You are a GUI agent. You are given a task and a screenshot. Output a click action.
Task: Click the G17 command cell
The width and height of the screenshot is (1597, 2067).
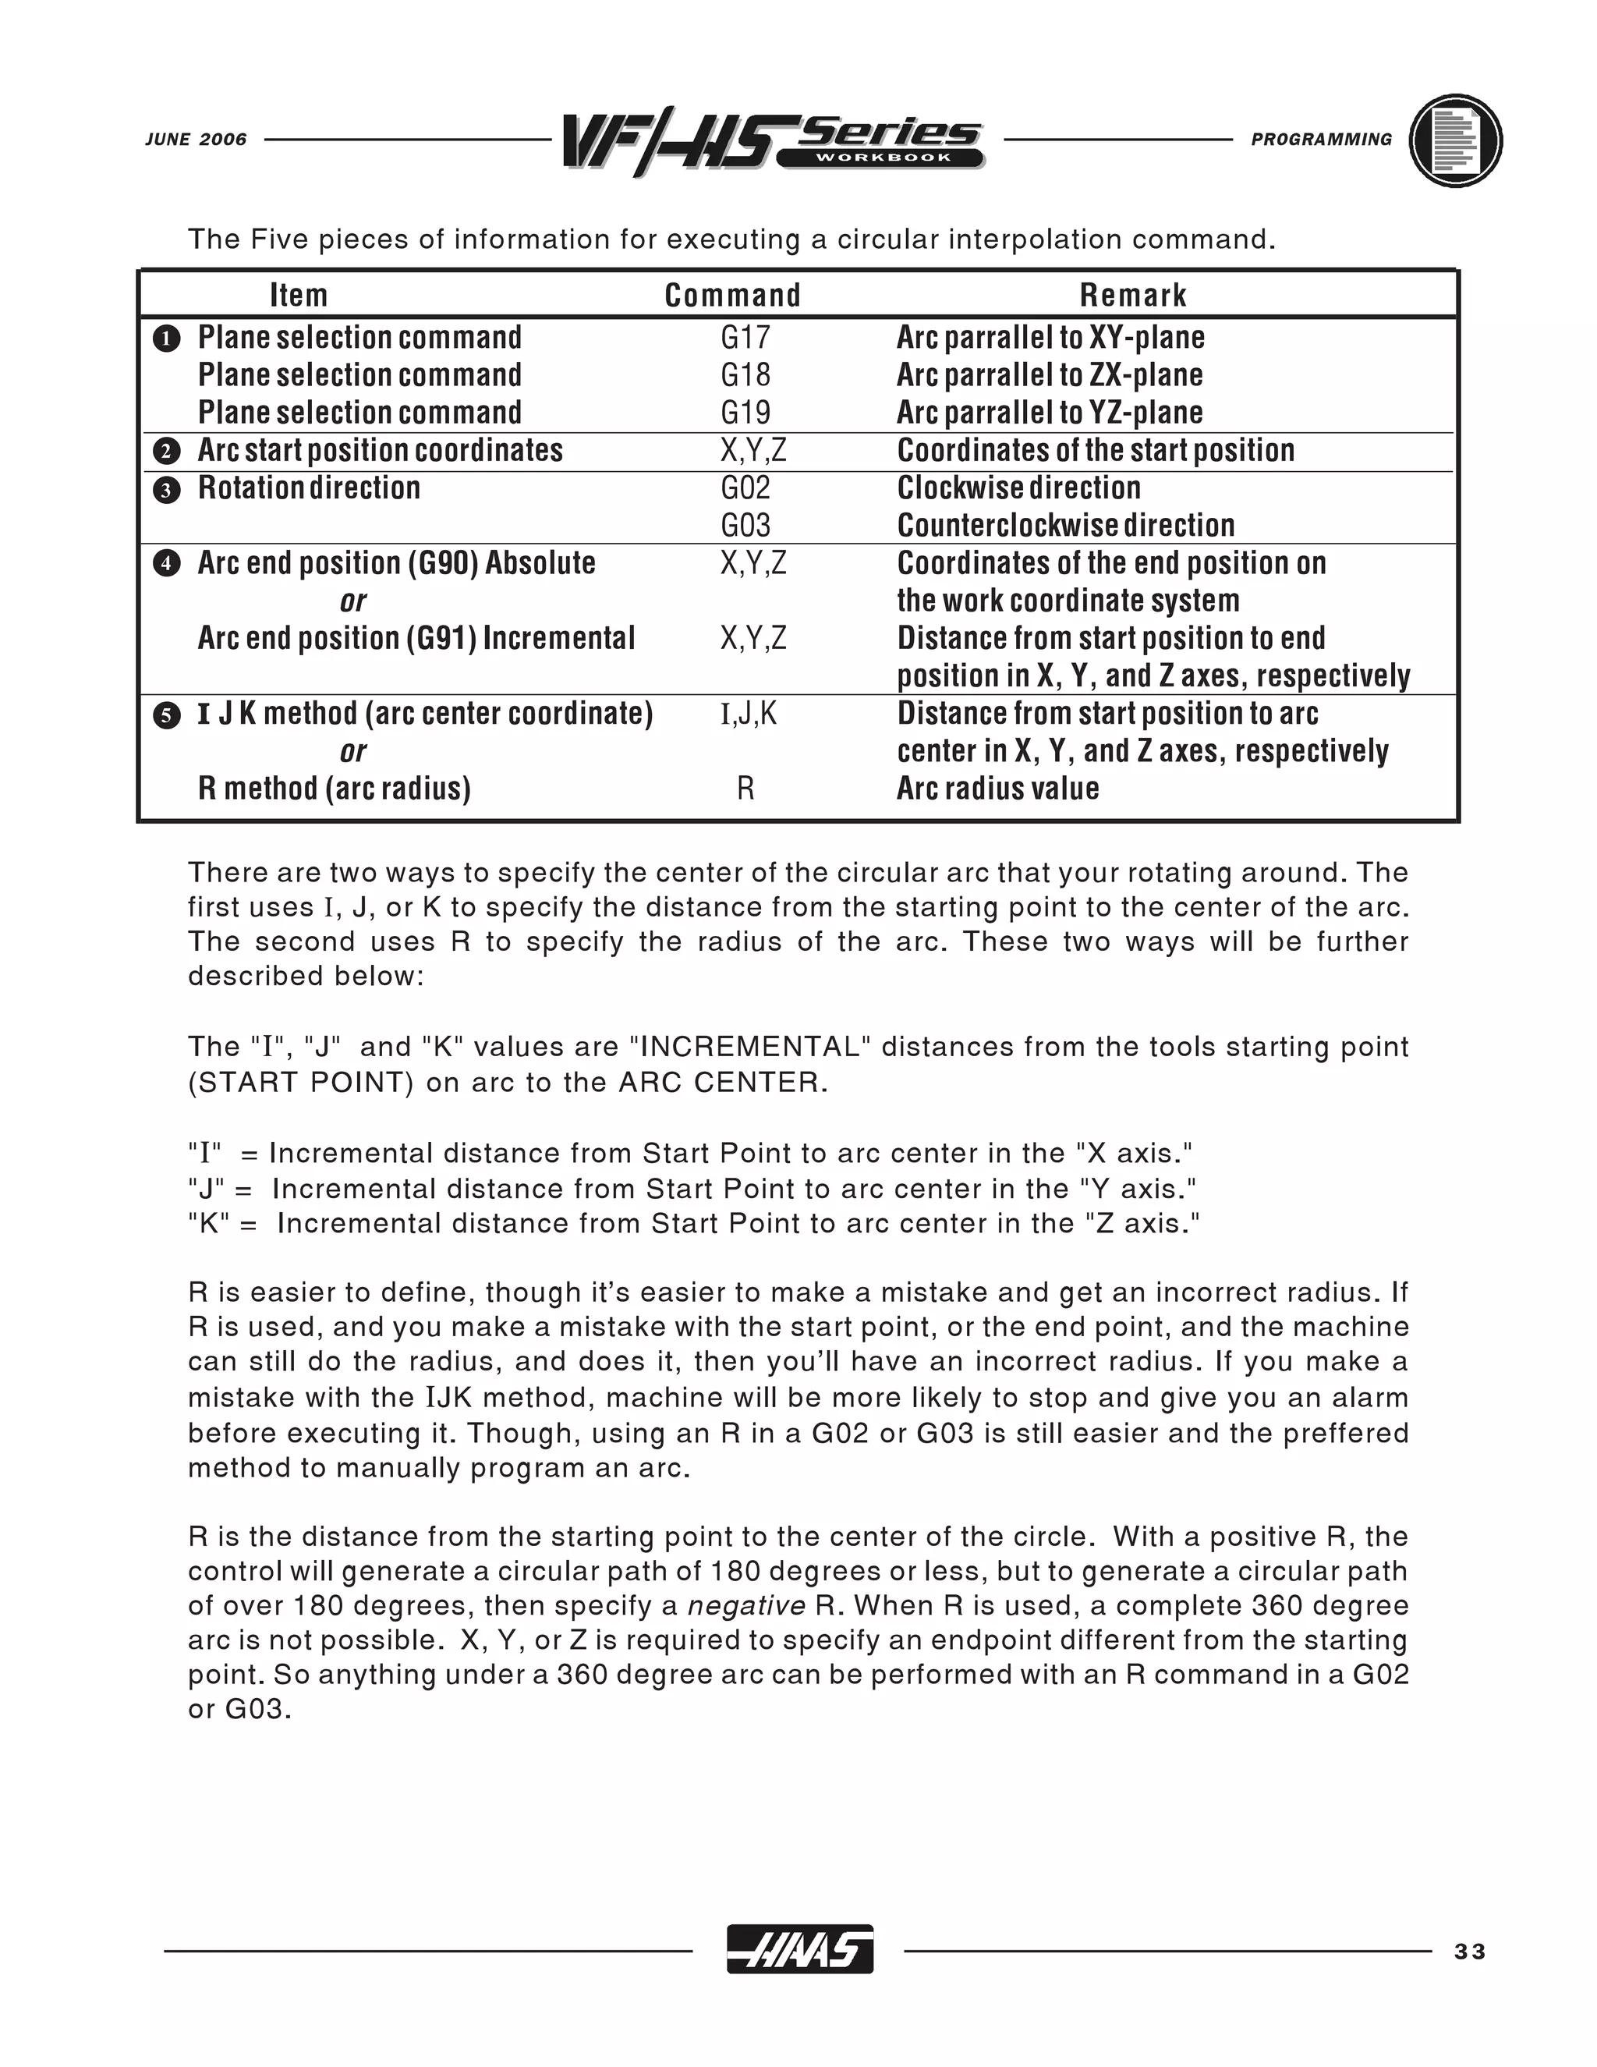(745, 338)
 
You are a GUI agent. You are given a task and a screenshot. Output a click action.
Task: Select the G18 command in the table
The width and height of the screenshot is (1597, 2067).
(745, 376)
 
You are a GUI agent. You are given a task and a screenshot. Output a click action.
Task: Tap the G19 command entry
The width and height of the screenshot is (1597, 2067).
(745, 413)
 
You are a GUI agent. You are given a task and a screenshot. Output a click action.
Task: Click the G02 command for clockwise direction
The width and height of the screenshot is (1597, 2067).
(745, 488)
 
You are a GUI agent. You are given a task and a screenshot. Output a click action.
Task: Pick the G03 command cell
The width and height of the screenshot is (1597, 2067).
(745, 525)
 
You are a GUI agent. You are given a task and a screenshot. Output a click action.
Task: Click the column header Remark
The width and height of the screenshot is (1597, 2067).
(1132, 296)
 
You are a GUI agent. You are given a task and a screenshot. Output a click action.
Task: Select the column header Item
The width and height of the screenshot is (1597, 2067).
(299, 296)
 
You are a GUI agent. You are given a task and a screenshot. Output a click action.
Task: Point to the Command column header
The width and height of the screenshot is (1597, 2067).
(732, 296)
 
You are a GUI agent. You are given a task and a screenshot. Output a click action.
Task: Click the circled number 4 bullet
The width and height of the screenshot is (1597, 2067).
(167, 564)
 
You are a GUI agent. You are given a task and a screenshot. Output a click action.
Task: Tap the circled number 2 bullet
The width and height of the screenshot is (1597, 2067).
(167, 452)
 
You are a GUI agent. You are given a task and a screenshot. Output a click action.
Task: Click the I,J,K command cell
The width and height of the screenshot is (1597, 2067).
(749, 714)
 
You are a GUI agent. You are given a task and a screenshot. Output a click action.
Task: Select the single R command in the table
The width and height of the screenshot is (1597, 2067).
(745, 789)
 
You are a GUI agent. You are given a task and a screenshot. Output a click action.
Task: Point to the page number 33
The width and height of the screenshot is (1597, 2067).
(1470, 1952)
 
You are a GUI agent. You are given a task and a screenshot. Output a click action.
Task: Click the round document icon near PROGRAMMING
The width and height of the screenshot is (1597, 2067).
(1455, 140)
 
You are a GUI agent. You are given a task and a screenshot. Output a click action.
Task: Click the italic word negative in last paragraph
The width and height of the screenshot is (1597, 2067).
(746, 1606)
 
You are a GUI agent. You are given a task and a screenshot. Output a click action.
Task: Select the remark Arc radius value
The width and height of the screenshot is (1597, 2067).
(997, 789)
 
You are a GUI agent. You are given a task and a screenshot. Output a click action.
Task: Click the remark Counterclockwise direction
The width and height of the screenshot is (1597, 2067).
(1065, 525)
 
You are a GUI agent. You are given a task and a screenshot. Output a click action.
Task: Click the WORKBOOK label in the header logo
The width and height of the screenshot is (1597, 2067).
(879, 158)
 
